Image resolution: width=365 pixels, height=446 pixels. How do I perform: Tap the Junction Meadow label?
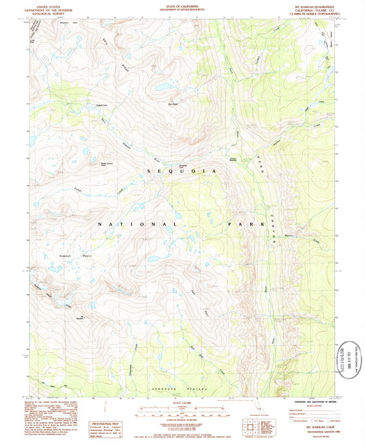pyautogui.click(x=236, y=159)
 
